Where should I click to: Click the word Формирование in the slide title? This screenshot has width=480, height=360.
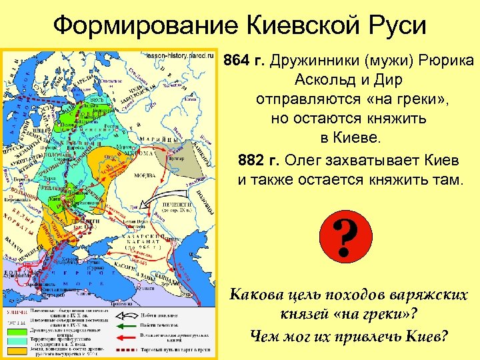click(x=143, y=27)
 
